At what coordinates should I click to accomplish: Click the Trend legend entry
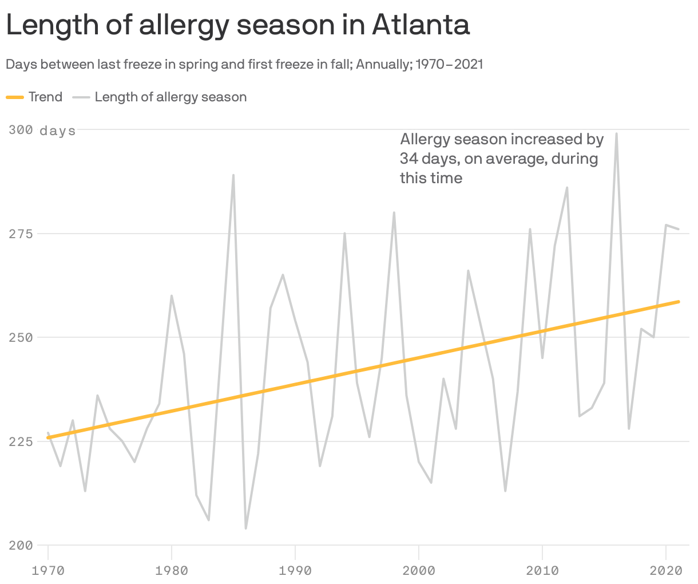[x=34, y=97]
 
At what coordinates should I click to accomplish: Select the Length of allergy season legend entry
[x=160, y=97]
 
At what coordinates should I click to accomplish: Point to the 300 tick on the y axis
[x=21, y=131]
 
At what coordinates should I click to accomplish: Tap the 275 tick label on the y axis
[x=21, y=234]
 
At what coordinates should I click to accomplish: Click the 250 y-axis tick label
[x=21, y=338]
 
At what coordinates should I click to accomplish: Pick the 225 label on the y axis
[x=21, y=441]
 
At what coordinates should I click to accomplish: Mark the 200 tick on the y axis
[x=21, y=545]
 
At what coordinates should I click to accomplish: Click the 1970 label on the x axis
[x=48, y=570]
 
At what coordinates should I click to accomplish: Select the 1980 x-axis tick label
[x=172, y=570]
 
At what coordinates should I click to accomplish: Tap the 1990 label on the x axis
[x=295, y=570]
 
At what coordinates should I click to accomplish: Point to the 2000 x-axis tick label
[x=419, y=570]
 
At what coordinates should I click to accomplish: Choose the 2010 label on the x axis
[x=542, y=570]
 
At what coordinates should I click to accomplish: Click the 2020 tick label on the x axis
[x=666, y=570]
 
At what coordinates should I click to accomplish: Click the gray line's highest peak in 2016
[x=616, y=134]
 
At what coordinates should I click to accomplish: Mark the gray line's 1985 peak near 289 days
[x=233, y=175]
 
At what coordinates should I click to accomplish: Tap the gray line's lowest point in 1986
[x=246, y=528]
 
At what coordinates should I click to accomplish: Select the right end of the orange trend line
[x=679, y=301]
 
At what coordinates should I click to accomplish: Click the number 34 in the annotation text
[x=409, y=159]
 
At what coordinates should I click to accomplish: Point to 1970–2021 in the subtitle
[x=449, y=64]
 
